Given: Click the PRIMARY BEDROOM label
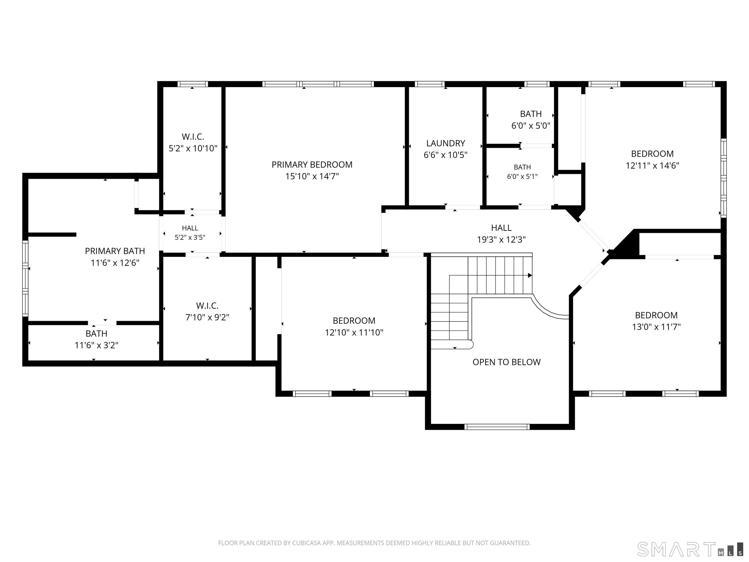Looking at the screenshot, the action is [x=312, y=165].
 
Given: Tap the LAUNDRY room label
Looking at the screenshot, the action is [x=446, y=143].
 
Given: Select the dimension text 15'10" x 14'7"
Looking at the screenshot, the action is [x=312, y=177].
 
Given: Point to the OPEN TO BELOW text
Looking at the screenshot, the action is [x=507, y=362].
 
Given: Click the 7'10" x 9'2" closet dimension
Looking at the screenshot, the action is [x=207, y=317].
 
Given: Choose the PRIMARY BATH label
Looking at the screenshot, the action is [x=115, y=251].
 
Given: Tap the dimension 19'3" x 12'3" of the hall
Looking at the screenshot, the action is [x=501, y=240].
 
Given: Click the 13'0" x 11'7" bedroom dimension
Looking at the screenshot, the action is [x=656, y=327].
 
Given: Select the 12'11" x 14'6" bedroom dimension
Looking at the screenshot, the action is [x=652, y=166].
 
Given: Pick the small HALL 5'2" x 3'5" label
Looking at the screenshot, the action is [x=190, y=233].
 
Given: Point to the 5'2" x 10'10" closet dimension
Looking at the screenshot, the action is [x=193, y=148].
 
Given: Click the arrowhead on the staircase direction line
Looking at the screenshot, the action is [x=530, y=275].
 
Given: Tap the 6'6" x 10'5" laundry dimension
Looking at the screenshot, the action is [x=446, y=155].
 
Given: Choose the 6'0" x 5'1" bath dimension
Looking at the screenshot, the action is [x=522, y=177].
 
